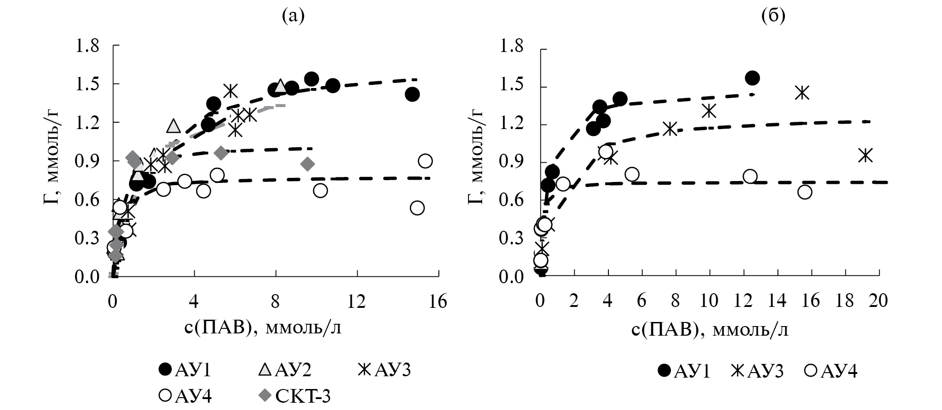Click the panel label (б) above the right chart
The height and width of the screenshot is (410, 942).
click(773, 16)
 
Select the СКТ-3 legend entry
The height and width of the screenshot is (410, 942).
click(294, 397)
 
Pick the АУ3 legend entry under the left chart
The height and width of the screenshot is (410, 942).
click(385, 370)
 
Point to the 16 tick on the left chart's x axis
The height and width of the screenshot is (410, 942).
click(438, 301)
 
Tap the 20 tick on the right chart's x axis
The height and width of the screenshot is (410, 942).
click(878, 301)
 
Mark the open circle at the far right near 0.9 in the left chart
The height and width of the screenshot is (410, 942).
click(425, 161)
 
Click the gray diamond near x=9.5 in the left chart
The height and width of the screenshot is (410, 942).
click(308, 164)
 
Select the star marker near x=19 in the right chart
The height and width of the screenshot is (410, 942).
click(865, 156)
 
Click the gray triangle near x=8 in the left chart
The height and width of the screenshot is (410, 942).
click(280, 86)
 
